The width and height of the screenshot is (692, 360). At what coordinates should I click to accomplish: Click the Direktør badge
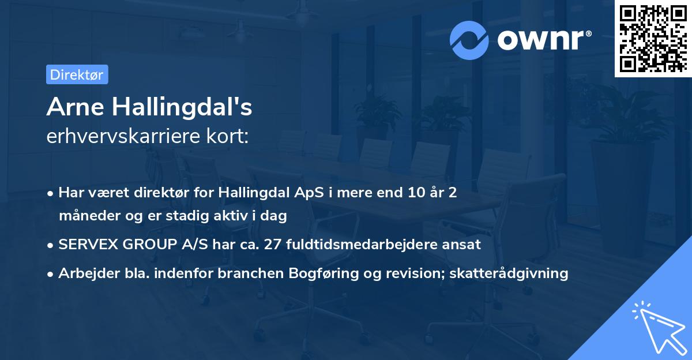pos(77,74)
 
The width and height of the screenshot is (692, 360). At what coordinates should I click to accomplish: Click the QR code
pos(653,38)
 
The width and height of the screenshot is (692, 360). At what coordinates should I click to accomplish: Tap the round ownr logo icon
pos(470,40)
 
